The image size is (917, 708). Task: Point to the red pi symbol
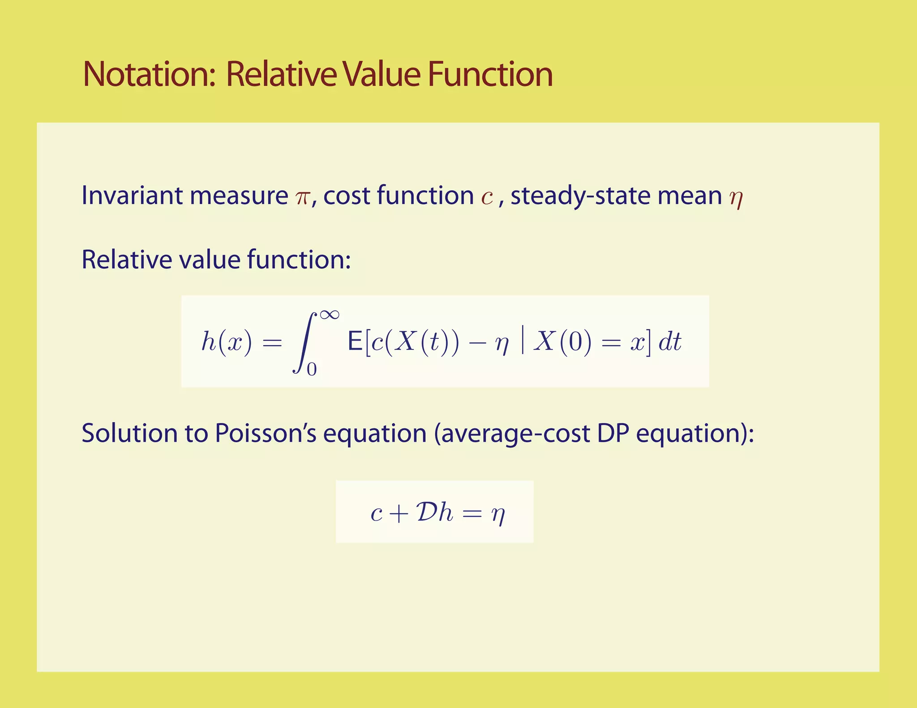[x=303, y=197]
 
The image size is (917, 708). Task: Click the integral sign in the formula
[x=305, y=342]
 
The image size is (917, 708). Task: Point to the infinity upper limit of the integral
[x=330, y=315]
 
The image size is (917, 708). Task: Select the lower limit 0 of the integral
[x=312, y=369]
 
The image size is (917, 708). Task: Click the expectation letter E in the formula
[x=355, y=342]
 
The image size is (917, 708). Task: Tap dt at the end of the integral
[x=669, y=342]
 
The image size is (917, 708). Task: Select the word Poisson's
[x=266, y=433]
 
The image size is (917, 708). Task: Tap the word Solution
[x=129, y=433]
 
